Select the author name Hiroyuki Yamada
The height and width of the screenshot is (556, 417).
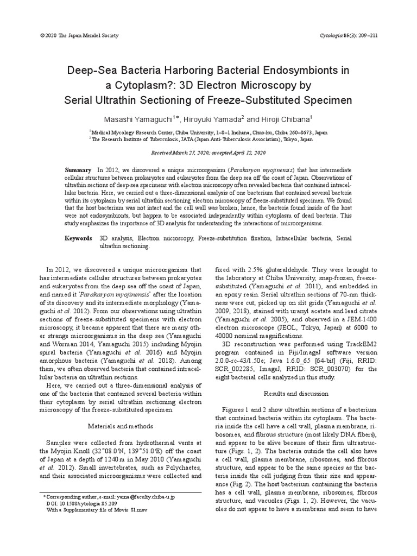[x=211, y=118]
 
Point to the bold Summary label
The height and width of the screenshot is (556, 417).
[x=78, y=170]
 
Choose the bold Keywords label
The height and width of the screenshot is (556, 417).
[x=79, y=238]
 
